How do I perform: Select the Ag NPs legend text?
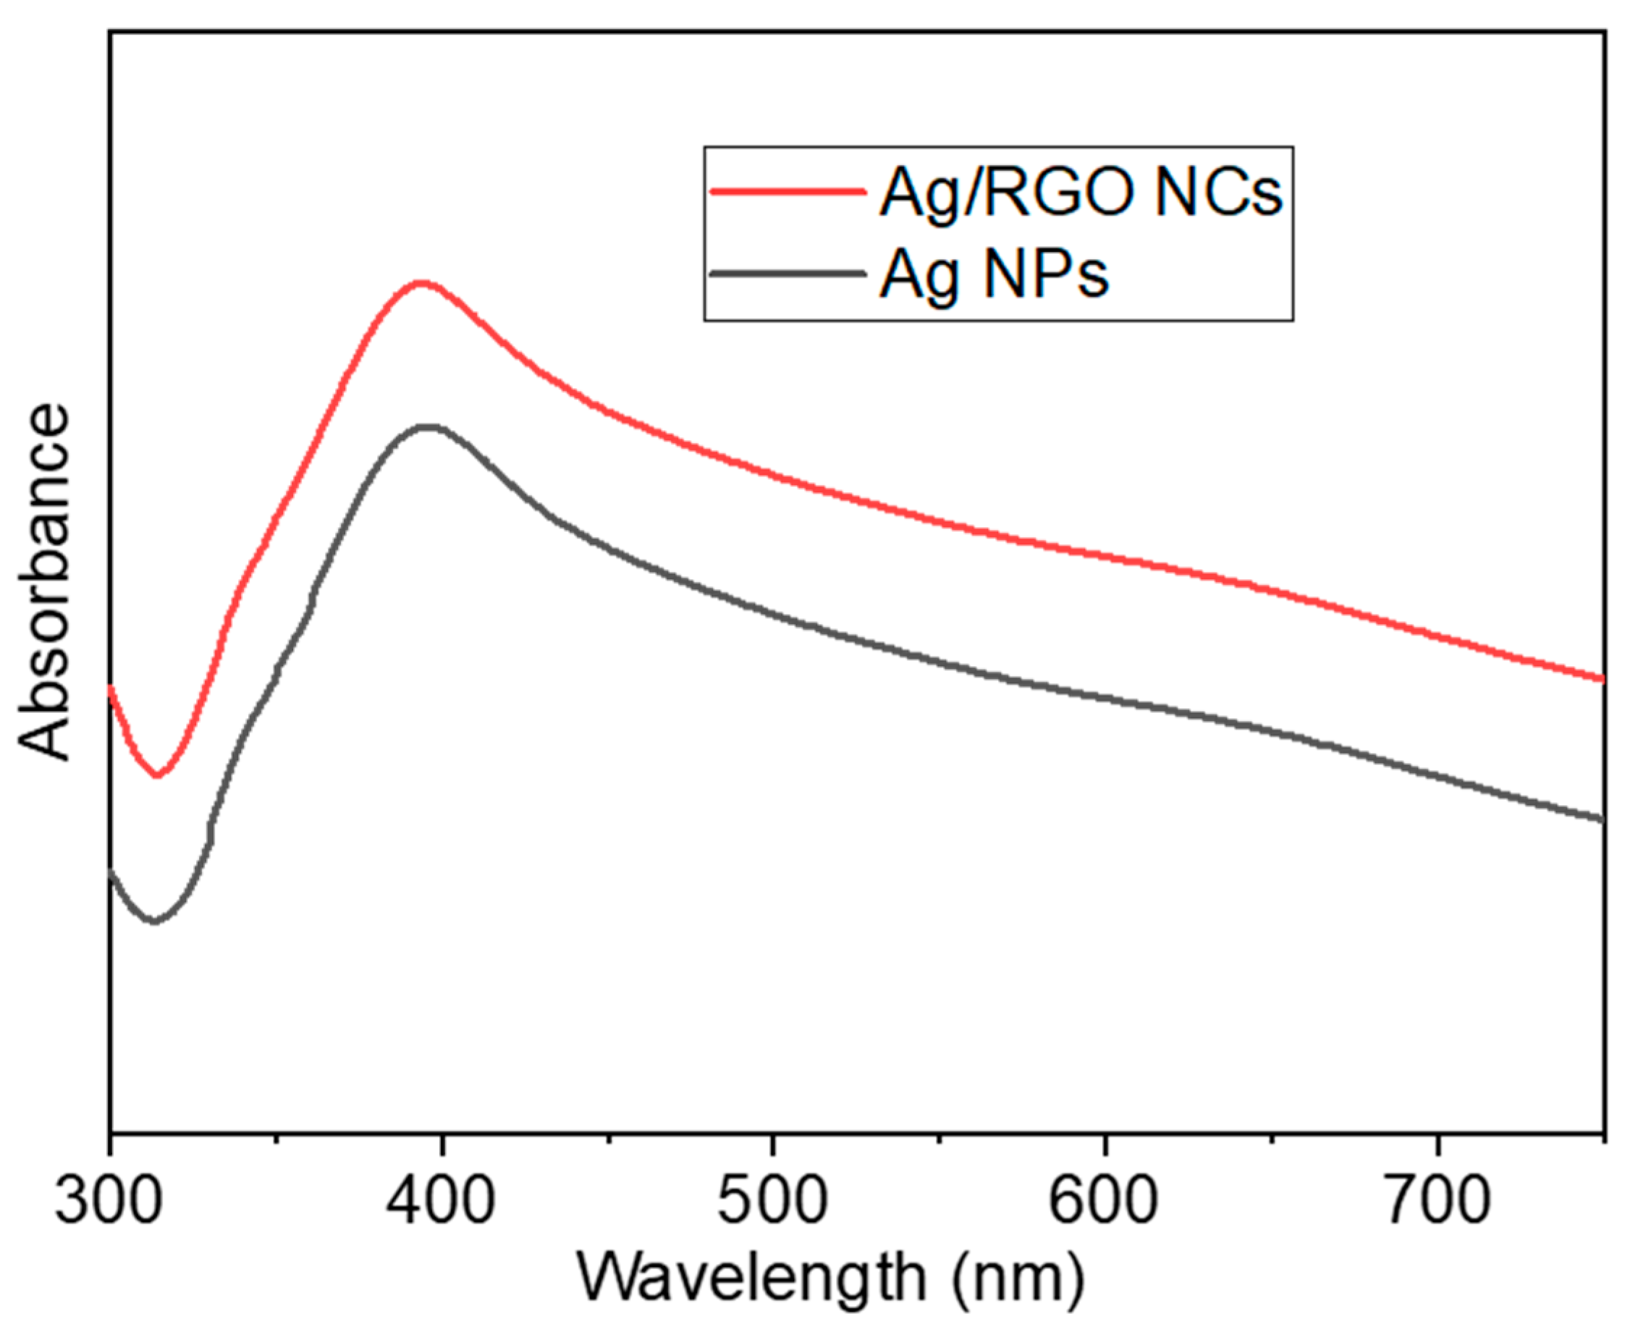pyautogui.click(x=994, y=275)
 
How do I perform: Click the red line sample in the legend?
pyautogui.click(x=787, y=191)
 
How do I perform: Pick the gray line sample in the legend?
pyautogui.click(x=787, y=273)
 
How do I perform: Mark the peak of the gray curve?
pyautogui.click(x=429, y=426)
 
